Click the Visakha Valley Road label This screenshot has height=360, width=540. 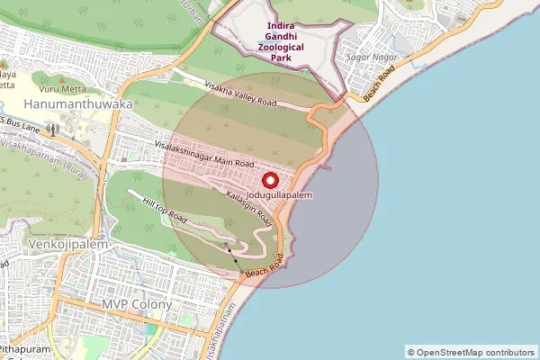[240, 93]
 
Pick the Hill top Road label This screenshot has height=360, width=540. [165, 211]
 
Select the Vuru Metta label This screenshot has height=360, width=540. [60, 88]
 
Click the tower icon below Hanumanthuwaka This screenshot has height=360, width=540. [53, 128]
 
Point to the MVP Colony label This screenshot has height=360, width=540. [136, 304]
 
